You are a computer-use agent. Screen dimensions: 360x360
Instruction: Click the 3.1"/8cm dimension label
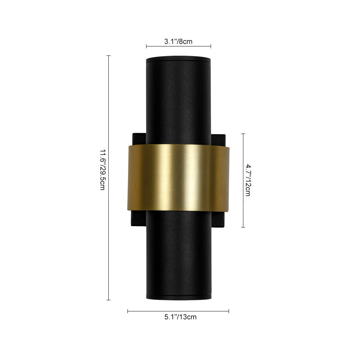(x=178, y=41)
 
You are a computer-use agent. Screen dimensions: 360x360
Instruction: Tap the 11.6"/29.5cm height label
(x=102, y=170)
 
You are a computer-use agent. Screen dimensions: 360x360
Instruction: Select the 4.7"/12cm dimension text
(x=248, y=180)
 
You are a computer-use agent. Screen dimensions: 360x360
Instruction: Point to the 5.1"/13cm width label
(x=180, y=317)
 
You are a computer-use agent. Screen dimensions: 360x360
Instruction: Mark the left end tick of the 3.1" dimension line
(x=147, y=46)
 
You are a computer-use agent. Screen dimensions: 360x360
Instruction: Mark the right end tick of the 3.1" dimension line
(x=211, y=46)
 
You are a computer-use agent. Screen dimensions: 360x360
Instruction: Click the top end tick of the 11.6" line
(x=109, y=55)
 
